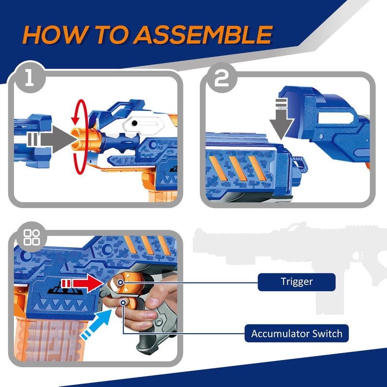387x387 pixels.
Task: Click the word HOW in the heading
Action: [52, 35]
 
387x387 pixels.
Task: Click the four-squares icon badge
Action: [32, 238]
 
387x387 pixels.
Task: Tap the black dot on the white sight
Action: [134, 124]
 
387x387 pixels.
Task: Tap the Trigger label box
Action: [296, 282]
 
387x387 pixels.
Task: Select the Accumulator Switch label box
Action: [296, 333]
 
